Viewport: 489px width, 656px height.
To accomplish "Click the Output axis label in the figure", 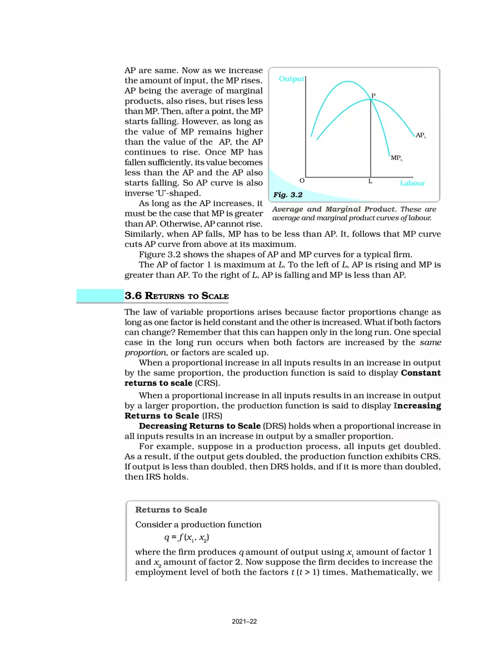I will coord(291,79).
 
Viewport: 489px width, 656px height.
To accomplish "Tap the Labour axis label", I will coord(412,183).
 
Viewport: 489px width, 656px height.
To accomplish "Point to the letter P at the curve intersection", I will coord(373,96).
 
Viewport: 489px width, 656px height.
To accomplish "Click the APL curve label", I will coord(421,135).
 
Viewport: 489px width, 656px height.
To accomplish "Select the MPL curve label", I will coord(396,158).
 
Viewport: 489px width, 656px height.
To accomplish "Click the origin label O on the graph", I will coord(302,181).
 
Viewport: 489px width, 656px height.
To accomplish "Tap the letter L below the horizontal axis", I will coord(370,182).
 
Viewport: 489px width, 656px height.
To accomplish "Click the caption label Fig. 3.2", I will coord(287,195).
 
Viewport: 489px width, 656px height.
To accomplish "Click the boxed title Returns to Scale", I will coord(171,509).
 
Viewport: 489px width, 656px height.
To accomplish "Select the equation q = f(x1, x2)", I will coord(187,538).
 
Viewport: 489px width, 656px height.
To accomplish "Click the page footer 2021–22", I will coord(244,622).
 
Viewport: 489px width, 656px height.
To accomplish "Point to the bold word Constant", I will coord(421,373).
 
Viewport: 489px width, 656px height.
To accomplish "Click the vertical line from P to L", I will coord(371,139).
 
